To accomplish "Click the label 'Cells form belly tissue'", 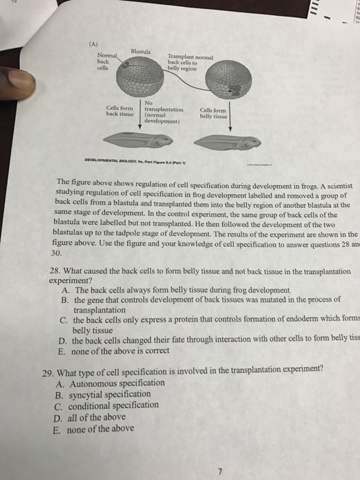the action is [x=213, y=113].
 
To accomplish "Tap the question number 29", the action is [x=48, y=369].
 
